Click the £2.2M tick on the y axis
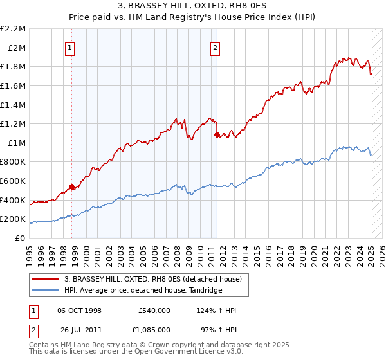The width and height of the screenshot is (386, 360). pos(14,29)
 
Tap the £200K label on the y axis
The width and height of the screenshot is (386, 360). pos(13,219)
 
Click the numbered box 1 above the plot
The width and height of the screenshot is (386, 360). pos(69,46)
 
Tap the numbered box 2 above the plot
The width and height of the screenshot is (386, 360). pos(215,46)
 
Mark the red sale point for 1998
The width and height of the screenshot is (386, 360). pos(71,186)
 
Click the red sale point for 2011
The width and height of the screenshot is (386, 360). pos(217,135)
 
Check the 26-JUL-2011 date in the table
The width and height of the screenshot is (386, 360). pos(79,328)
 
